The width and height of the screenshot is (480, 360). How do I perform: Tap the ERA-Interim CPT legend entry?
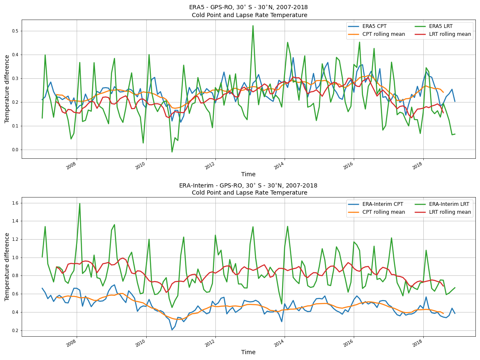point(382,204)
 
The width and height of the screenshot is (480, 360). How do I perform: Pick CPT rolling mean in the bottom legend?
point(382,212)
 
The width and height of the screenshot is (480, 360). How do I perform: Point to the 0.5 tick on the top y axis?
point(15,31)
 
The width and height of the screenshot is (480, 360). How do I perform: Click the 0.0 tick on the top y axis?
point(15,150)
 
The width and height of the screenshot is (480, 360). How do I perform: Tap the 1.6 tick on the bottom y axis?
point(15,203)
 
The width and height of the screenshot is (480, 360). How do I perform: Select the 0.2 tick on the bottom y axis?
point(15,330)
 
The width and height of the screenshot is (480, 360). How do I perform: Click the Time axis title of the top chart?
point(248,174)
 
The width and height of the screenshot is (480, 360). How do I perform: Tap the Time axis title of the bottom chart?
point(248,352)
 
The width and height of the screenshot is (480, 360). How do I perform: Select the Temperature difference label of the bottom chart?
point(7,267)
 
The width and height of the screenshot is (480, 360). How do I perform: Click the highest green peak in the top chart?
point(253,25)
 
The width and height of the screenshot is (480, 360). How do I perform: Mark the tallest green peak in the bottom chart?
point(80,203)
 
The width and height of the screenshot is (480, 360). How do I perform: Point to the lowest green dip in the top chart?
point(172,152)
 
